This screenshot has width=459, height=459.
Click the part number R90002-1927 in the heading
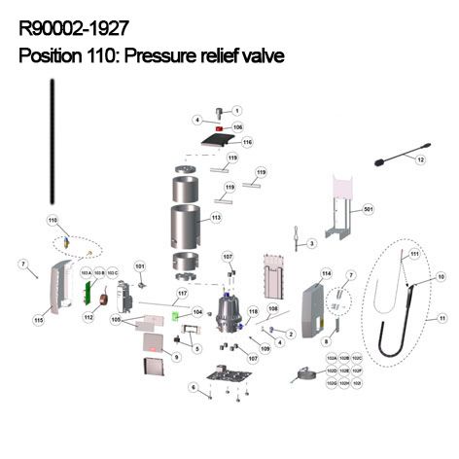coord(73,30)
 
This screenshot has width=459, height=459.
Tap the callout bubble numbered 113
coord(216,218)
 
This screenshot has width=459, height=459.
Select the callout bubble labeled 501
coord(368,209)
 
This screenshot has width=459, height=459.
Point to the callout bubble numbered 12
coord(421,159)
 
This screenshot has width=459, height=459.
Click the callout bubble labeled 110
coord(53,221)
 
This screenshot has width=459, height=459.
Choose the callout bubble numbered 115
coord(39,319)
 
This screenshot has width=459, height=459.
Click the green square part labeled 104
coord(178,315)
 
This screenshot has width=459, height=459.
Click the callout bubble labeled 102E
coord(344,371)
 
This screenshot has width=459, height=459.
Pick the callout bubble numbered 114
coord(327,273)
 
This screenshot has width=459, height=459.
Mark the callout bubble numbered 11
coord(441,318)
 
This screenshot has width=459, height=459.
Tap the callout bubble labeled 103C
coord(112,273)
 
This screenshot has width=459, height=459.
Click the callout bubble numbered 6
coord(193,388)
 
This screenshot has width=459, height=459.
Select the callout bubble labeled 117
coord(181,293)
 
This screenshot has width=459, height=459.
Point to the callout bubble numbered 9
coord(177,357)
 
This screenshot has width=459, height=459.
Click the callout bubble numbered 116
coord(247,142)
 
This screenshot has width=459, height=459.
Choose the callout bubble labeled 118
coord(253,311)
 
